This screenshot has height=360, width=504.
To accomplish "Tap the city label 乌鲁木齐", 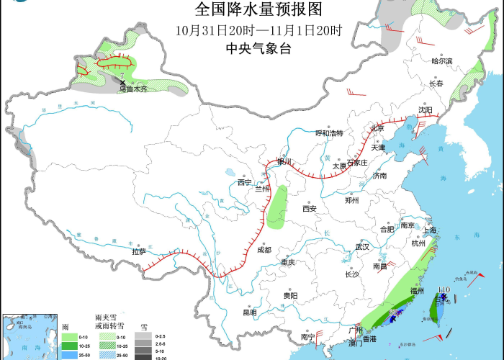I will click(x=132, y=89).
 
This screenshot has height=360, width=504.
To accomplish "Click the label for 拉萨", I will click(x=138, y=251).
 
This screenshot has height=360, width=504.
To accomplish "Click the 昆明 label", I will click(x=249, y=312).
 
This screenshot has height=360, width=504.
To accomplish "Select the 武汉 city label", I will click(x=361, y=247).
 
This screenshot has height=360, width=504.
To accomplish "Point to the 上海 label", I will click(x=430, y=230).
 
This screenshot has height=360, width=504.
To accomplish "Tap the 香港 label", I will click(x=369, y=338).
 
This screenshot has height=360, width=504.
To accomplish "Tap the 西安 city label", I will click(x=310, y=209).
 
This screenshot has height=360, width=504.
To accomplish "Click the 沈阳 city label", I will click(x=426, y=110).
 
